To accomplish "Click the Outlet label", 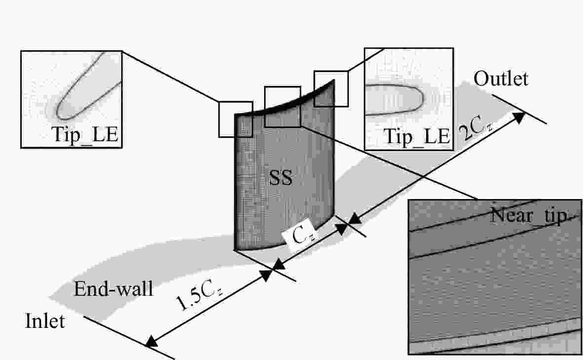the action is pyautogui.click(x=501, y=79).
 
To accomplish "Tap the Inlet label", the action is pyautogui.click(x=45, y=321).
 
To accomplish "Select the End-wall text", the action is pyautogui.click(x=114, y=288).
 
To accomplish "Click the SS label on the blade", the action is pyautogui.click(x=280, y=178).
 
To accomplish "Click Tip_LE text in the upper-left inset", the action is pyautogui.click(x=86, y=134).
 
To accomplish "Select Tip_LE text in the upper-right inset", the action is pyautogui.click(x=417, y=136).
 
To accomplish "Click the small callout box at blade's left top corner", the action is pyautogui.click(x=236, y=120).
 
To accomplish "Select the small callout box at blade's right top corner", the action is pyautogui.click(x=331, y=89).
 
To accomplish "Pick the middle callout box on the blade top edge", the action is pyautogui.click(x=282, y=107).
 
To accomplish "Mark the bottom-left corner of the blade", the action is pyautogui.click(x=235, y=249).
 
